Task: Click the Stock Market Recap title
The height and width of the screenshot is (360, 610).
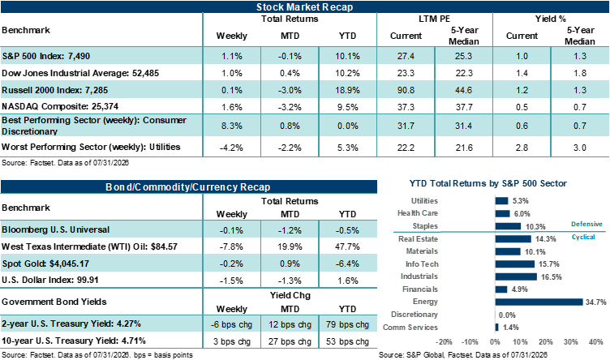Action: pos(305,7)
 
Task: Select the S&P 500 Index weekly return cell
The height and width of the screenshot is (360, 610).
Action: pos(232,56)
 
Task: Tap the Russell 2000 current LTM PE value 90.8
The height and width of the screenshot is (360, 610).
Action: pos(406,90)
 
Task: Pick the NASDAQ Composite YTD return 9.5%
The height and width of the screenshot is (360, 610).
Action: pos(347,107)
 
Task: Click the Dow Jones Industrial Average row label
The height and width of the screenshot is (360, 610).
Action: pos(80,73)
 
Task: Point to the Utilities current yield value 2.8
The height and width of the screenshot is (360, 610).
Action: pos(522,148)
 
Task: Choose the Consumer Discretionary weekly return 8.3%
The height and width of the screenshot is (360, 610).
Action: pos(232,126)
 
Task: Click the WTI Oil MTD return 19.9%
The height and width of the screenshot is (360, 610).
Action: pos(290,246)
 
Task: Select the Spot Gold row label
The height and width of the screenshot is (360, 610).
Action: pos(45,264)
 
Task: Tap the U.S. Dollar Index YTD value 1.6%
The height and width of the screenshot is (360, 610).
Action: pos(348,281)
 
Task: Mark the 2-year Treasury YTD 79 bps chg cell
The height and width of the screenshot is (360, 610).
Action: pos(347,324)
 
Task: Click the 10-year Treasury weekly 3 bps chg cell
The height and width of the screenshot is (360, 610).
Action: pos(232,341)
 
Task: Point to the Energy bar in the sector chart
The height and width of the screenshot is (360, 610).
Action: pos(539,302)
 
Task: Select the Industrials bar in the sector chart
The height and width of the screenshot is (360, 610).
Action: pos(516,276)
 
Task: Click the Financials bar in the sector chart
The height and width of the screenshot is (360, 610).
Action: pos(501,289)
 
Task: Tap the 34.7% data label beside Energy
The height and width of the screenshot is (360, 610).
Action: pos(596,302)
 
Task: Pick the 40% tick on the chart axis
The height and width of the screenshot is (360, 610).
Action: pos(596,342)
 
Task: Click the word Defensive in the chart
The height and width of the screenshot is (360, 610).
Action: pos(586,224)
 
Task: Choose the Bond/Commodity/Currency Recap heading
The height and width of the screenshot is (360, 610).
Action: pos(188,187)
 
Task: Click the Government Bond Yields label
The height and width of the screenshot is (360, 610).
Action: pos(54,302)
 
